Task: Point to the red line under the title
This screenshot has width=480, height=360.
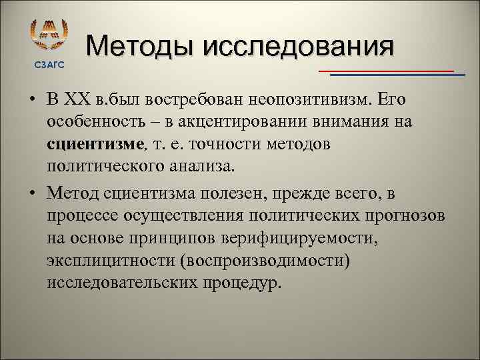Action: click(385, 70)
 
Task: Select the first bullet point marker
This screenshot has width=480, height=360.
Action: click(32, 101)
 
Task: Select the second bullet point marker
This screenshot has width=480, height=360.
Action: click(32, 194)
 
